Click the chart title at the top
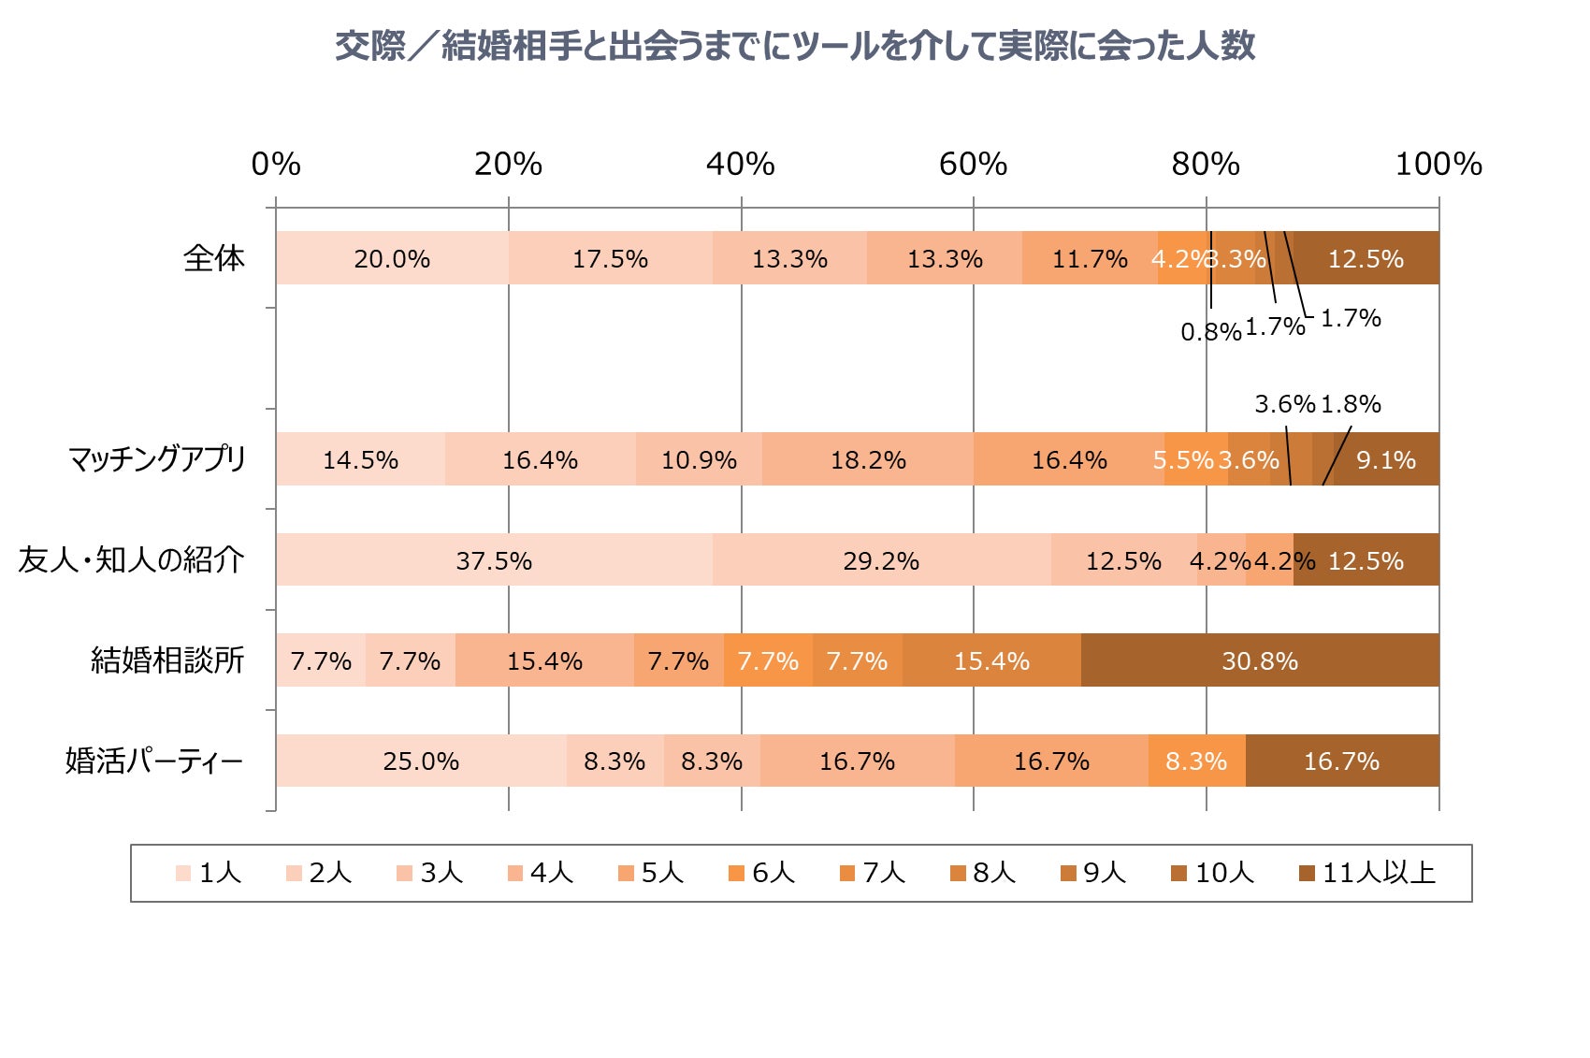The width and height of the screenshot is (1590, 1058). [794, 46]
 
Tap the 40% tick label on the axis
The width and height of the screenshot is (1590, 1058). [740, 165]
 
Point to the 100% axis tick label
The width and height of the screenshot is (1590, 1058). [1438, 165]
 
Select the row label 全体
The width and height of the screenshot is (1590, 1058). [213, 258]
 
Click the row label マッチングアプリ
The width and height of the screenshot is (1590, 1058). [156, 459]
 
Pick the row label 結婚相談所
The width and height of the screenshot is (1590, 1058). [166, 660]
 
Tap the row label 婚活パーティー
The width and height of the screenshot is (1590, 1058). [154, 761]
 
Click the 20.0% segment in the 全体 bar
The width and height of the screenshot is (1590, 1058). [391, 258]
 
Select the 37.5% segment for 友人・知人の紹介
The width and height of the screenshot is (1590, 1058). [493, 560]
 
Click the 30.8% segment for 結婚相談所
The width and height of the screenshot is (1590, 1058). [1259, 660]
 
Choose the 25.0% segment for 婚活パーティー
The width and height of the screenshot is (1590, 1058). [420, 761]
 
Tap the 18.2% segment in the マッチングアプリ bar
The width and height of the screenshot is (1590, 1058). [867, 459]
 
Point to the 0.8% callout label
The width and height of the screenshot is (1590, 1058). [1209, 331]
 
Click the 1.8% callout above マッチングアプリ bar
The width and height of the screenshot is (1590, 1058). [1351, 404]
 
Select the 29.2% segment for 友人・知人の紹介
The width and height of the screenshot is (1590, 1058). [880, 560]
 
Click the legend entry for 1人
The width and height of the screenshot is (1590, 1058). [210, 873]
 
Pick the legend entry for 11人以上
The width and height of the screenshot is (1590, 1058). [1367, 873]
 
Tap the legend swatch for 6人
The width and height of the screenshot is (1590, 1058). [736, 873]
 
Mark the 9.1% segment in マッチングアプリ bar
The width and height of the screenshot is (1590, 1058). [1385, 459]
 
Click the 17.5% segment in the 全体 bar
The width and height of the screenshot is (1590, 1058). [610, 258]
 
